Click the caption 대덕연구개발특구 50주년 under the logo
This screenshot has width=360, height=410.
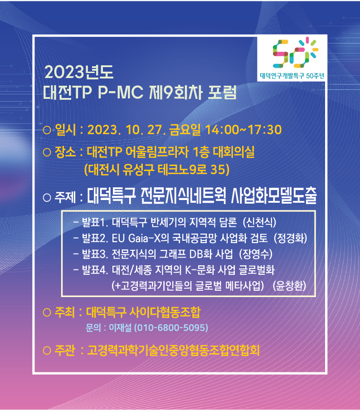(292, 76)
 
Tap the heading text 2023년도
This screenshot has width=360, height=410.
(79, 72)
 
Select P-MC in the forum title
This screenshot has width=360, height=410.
(121, 93)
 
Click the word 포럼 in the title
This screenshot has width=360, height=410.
(222, 93)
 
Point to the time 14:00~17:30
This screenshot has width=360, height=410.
(243, 130)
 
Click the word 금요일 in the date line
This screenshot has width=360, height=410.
(185, 130)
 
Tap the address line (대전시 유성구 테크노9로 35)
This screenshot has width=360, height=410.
(157, 170)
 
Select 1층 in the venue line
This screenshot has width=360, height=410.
(201, 152)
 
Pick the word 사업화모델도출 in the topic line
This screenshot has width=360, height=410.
(274, 195)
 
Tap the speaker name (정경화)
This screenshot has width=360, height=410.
(290, 238)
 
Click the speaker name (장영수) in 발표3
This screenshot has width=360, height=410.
(256, 254)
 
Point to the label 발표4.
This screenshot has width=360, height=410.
(95, 270)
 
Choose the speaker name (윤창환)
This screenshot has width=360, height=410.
(289, 286)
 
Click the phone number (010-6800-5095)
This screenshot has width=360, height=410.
(171, 327)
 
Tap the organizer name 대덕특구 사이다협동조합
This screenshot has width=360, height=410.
(143, 312)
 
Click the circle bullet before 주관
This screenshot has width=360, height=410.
(47, 350)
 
